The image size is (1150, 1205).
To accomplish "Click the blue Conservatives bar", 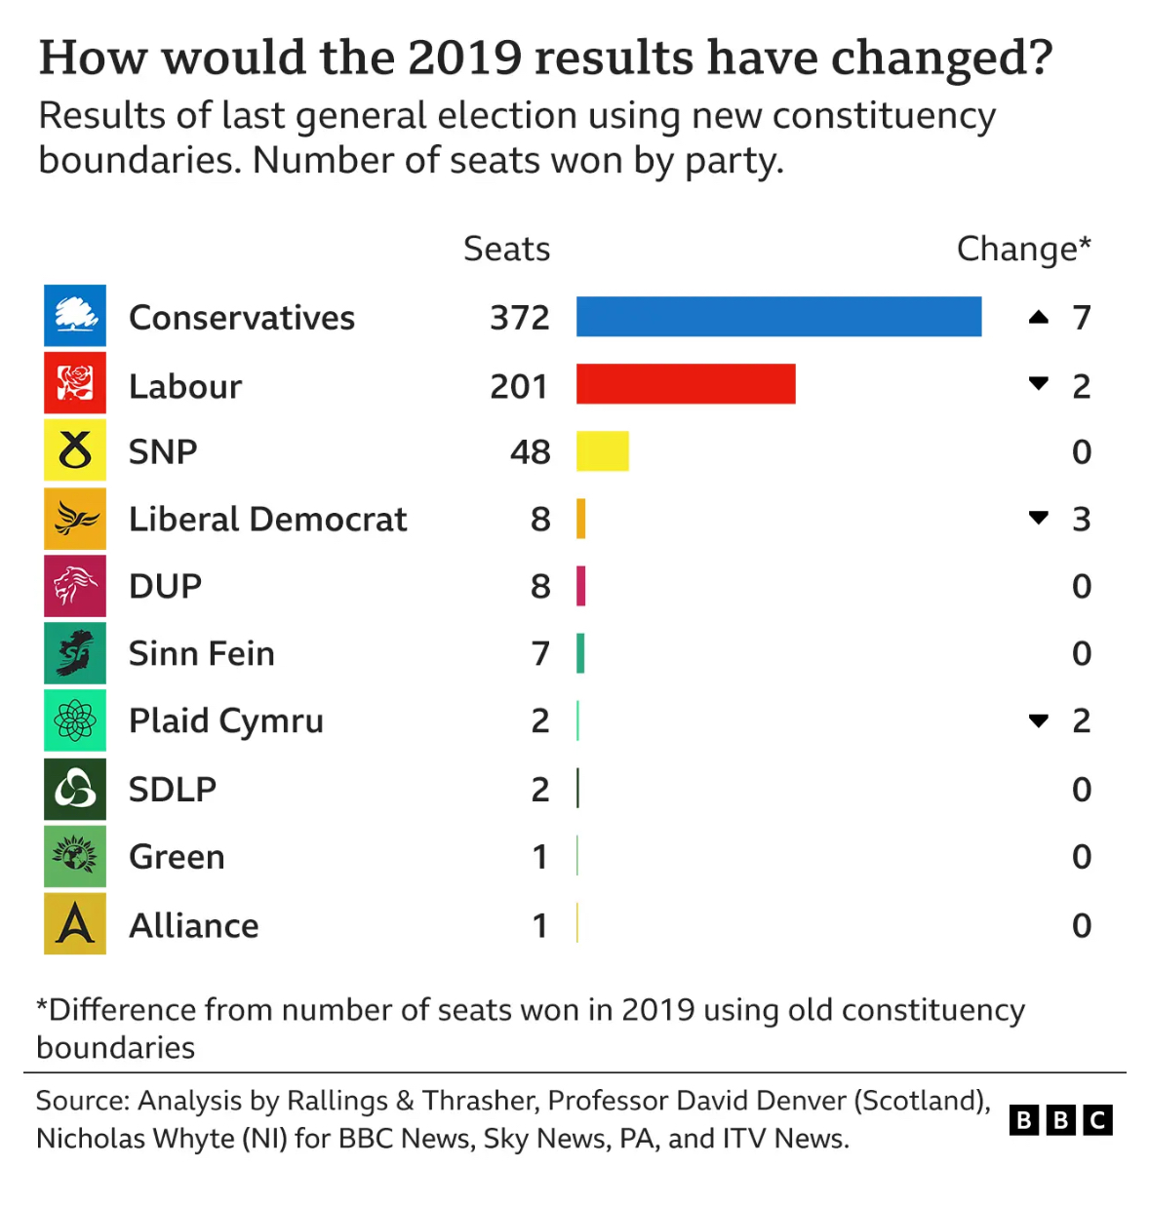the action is point(778,316).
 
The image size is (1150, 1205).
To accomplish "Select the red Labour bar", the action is point(686,384).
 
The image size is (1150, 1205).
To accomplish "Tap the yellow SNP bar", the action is point(602,451).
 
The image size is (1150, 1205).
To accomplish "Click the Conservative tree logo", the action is point(75,315).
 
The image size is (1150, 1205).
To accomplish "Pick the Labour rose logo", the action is point(75,382).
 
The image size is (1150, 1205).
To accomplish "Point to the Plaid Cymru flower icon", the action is point(75,720).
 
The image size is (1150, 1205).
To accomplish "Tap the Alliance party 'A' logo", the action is point(75,923).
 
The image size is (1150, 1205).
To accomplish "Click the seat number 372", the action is point(520,318).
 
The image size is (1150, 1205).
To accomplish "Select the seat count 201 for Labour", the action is point(518,386).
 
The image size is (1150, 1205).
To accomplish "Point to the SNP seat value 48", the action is point(531,452).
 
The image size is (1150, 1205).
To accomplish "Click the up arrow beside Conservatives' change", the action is point(1038,317).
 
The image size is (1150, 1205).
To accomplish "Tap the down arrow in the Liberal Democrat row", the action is point(1038,518).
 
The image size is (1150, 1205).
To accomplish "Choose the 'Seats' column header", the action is point(506,249).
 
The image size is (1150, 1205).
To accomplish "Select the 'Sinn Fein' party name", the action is point(202,653).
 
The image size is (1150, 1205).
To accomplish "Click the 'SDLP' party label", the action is point(173,789).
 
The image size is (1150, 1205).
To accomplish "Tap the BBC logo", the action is point(1060,1120).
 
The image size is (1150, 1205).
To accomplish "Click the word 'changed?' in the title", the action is point(941,58).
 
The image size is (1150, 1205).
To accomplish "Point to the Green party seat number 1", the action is point(539,856).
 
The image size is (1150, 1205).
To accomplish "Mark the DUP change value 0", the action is point(1082,586).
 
